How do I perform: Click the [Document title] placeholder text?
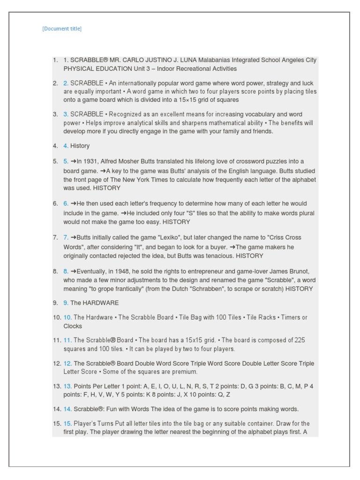tap(62, 29)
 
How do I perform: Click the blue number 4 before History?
tap(66, 146)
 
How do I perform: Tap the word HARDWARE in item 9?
tap(101, 303)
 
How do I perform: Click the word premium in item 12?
tap(186, 372)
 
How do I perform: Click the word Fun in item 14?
tap(111, 409)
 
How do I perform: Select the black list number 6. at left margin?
tap(56, 203)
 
